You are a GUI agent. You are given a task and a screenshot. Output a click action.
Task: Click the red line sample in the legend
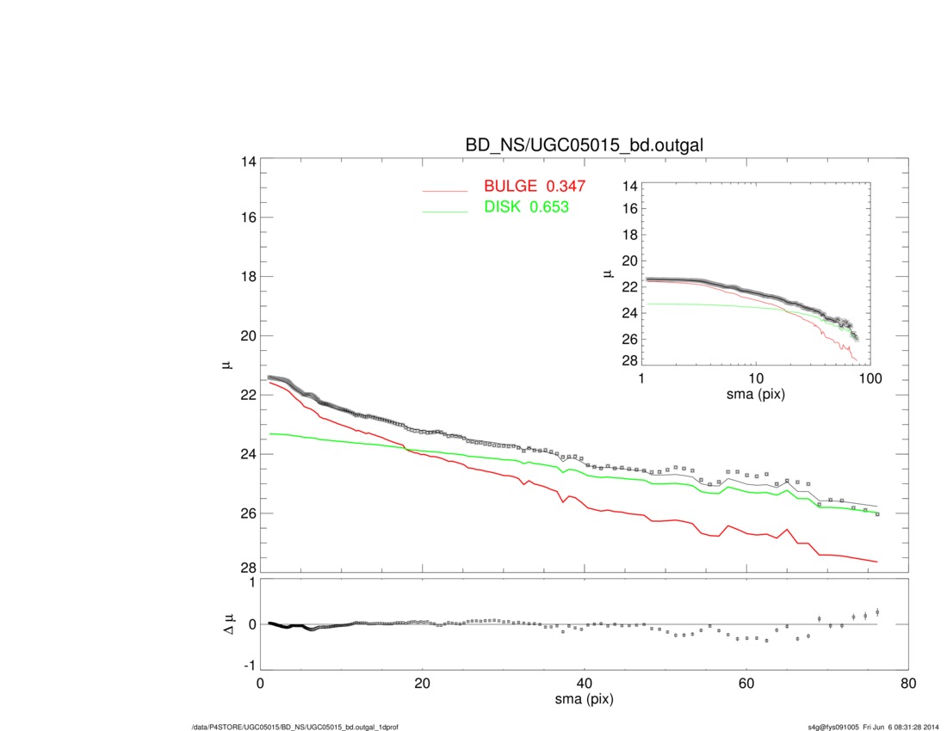(444, 190)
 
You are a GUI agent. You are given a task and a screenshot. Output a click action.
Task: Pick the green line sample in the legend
(444, 212)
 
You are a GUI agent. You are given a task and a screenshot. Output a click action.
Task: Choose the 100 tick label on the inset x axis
(870, 380)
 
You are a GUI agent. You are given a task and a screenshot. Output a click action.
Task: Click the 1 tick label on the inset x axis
(642, 380)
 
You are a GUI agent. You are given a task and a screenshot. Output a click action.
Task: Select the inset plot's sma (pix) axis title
(756, 396)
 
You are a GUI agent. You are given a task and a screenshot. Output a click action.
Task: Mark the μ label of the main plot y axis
(226, 365)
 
